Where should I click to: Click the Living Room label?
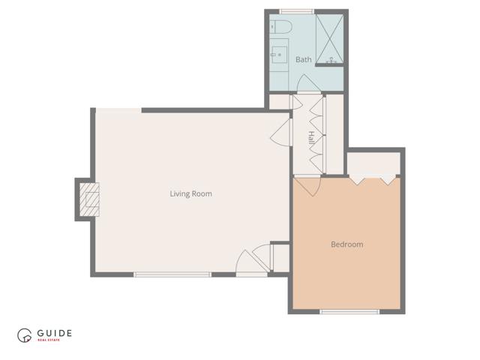[x=190, y=193]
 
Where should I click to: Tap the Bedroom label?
[x=346, y=244]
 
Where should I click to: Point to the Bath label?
[x=303, y=59]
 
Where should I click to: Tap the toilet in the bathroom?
[x=280, y=27]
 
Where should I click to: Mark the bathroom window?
[x=296, y=10]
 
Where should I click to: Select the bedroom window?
[x=345, y=311]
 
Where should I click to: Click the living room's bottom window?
[x=172, y=274]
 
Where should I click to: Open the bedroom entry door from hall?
[x=307, y=184]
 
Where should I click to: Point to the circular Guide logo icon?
[x=25, y=337]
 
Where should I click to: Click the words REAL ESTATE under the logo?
[x=53, y=341]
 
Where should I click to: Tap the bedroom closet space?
[x=373, y=163]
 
